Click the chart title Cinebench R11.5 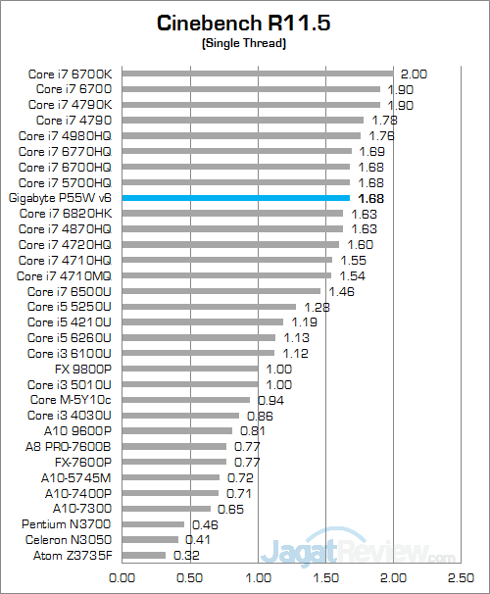point(244,23)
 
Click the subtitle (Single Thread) point(244,43)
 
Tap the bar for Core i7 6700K point(258,73)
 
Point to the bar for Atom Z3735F point(144,555)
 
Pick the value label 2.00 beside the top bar point(415,74)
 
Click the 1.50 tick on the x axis point(325,578)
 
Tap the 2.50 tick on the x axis point(461,578)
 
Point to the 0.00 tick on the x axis point(122,578)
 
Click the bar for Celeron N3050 point(150,539)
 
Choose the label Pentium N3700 point(67,523)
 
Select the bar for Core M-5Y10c point(186,400)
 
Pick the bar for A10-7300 point(167,508)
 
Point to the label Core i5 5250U point(70,306)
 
